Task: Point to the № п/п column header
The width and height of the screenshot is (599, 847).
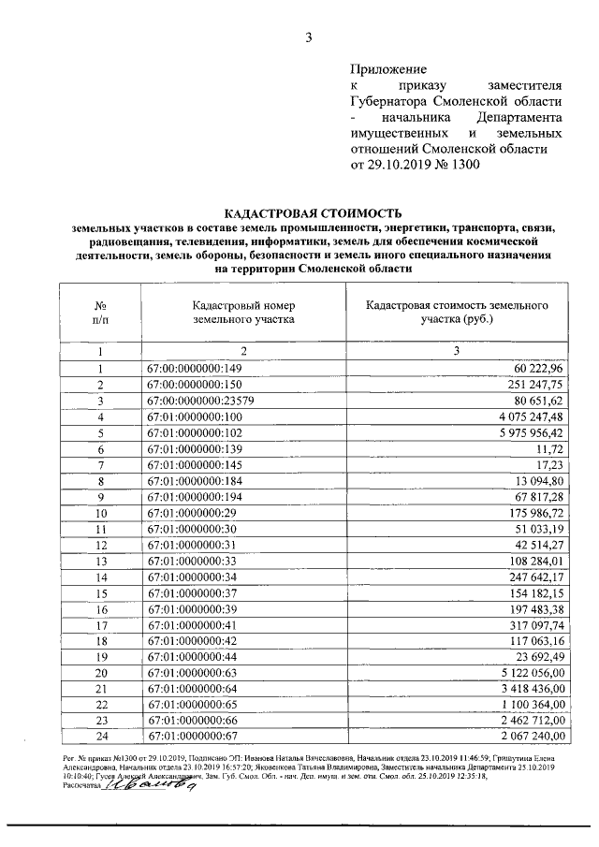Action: (99, 312)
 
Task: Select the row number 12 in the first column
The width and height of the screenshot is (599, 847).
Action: (99, 545)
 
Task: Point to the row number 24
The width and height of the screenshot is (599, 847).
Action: (99, 737)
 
